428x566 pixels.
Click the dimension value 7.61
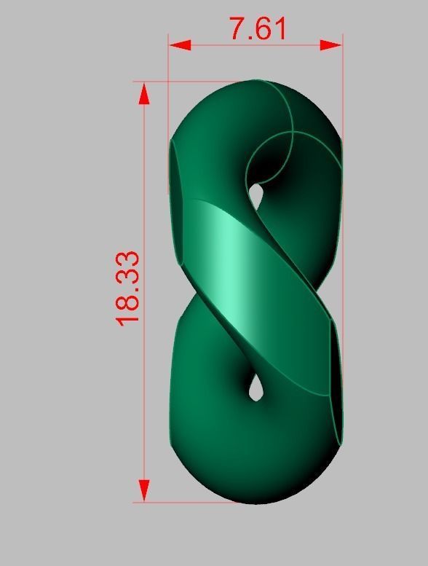click(x=258, y=28)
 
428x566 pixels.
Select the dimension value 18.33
click(x=127, y=288)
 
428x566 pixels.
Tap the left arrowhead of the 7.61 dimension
click(x=179, y=45)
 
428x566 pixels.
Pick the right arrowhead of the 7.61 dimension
click(x=332, y=45)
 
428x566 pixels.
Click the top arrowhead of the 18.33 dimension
click(x=144, y=93)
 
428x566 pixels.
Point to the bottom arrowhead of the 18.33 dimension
click(x=144, y=490)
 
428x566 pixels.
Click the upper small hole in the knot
click(x=255, y=194)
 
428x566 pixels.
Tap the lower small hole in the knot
click(x=255, y=388)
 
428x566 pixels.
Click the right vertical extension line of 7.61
click(x=342, y=87)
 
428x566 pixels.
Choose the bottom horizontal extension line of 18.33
click(x=189, y=502)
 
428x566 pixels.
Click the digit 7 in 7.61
click(x=238, y=28)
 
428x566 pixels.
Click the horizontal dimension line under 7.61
click(x=255, y=45)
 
